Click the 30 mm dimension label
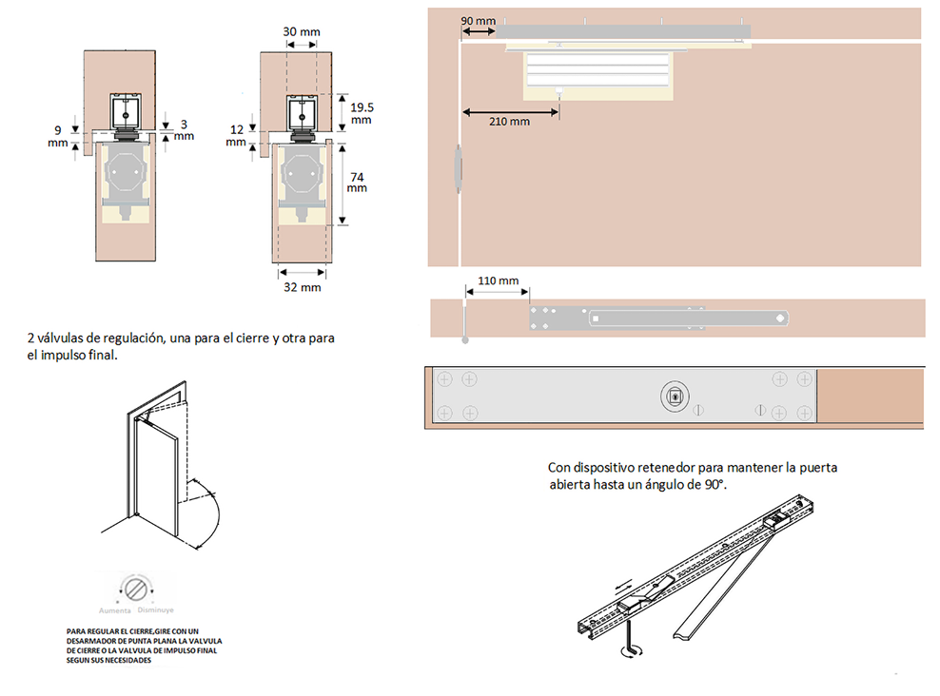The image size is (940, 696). [302, 31]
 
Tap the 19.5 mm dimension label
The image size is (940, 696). [360, 113]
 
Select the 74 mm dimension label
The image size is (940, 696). [357, 181]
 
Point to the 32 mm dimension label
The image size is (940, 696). [302, 286]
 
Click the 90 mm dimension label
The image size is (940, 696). [478, 20]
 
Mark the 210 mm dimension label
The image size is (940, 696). [510, 122]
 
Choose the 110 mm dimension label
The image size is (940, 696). [499, 280]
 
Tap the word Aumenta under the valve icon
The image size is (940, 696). [115, 609]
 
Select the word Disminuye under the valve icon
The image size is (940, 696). [155, 609]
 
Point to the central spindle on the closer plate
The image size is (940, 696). [673, 396]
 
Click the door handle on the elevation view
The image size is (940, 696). [458, 169]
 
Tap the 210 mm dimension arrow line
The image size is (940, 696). [510, 111]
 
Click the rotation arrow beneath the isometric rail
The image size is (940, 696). [629, 652]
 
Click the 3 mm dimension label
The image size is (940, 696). [183, 130]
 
